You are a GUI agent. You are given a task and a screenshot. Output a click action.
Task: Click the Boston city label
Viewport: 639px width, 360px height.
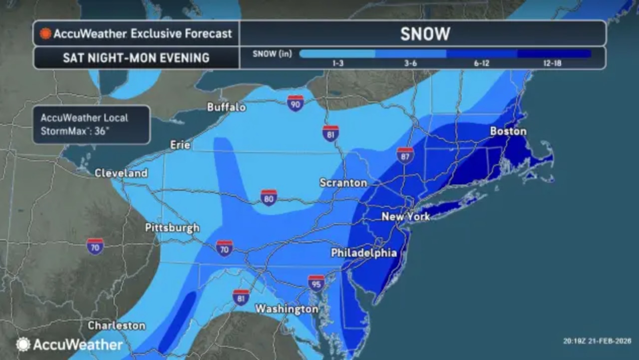(x=508, y=131)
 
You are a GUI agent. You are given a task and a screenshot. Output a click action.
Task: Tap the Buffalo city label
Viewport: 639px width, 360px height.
(x=227, y=107)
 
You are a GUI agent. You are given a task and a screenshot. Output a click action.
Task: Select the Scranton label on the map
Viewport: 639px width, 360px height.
(x=343, y=183)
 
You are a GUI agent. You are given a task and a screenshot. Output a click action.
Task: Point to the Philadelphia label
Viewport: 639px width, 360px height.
(x=364, y=253)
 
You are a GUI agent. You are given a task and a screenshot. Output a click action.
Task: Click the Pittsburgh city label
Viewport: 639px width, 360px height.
(x=172, y=228)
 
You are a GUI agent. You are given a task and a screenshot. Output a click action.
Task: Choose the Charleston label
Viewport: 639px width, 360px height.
(x=117, y=326)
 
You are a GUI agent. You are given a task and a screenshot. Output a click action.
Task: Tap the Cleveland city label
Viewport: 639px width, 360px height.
(x=121, y=173)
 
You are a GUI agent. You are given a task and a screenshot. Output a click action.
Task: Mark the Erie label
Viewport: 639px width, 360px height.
(x=180, y=145)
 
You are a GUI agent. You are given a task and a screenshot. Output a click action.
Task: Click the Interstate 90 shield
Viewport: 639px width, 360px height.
(x=296, y=103)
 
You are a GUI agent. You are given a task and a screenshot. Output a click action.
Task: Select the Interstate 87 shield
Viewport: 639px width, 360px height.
(x=405, y=156)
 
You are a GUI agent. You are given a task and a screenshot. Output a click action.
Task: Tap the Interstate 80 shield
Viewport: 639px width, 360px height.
(x=269, y=198)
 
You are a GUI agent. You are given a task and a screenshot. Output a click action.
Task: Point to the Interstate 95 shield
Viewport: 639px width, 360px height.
(x=316, y=283)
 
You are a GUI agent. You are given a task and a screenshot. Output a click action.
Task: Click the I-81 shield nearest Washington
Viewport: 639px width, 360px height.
(x=241, y=298)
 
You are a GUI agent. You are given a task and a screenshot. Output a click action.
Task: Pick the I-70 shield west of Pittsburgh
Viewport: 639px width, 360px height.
(x=95, y=247)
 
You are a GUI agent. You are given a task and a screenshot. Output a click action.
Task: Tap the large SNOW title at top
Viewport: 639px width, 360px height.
(x=425, y=34)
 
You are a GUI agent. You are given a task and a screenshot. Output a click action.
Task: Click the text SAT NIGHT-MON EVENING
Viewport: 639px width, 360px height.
(x=136, y=58)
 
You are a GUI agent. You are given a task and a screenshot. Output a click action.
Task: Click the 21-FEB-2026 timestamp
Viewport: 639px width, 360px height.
(x=614, y=341)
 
